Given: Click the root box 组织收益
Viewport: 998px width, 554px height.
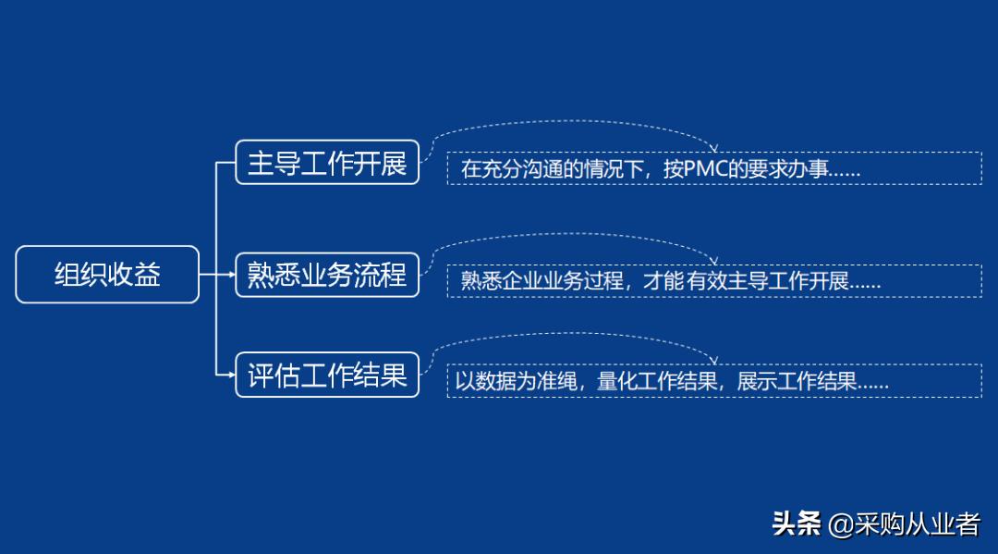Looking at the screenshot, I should pyautogui.click(x=107, y=275).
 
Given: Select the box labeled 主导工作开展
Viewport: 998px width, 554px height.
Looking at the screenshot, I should pyautogui.click(x=327, y=163).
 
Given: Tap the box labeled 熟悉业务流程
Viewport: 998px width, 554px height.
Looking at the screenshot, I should pyautogui.click(x=327, y=275).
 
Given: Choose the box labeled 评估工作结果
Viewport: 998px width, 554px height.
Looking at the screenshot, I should pyautogui.click(x=327, y=375).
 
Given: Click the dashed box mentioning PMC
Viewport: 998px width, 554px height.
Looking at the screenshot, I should pyautogui.click(x=713, y=169).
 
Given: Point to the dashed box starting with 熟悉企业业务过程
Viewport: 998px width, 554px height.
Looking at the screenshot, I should pyautogui.click(x=713, y=281).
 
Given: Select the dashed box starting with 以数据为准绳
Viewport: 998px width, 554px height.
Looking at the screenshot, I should pyautogui.click(x=713, y=381).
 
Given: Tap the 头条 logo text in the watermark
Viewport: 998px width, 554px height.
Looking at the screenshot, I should pyautogui.click(x=797, y=524).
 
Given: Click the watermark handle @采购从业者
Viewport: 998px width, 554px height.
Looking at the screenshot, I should pyautogui.click(x=904, y=524).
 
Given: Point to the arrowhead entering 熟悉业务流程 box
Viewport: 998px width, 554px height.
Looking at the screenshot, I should pyautogui.click(x=231, y=275).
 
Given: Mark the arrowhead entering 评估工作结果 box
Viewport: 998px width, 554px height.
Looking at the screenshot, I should pyautogui.click(x=231, y=375).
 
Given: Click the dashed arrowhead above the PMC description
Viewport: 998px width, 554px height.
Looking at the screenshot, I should pyautogui.click(x=712, y=148).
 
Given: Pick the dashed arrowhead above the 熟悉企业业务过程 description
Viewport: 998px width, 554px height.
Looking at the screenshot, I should pyautogui.click(x=712, y=260).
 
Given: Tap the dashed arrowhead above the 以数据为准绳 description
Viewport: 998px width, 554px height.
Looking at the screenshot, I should pyautogui.click(x=712, y=360).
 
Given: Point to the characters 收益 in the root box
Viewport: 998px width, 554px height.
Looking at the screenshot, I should pyautogui.click(x=135, y=275).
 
